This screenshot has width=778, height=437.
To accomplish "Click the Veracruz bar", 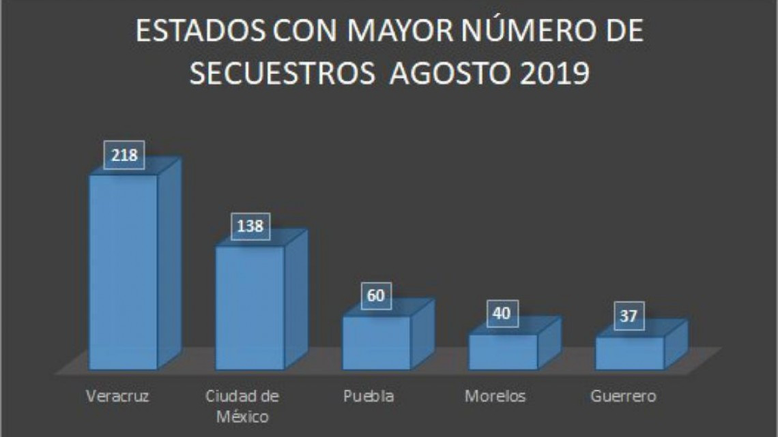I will [x=124, y=273].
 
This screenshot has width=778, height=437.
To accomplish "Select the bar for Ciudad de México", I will [x=250, y=307].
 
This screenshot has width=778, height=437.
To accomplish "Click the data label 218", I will [x=124, y=155].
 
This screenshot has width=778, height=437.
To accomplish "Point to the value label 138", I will [x=250, y=226].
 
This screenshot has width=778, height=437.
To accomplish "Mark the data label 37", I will [x=629, y=316].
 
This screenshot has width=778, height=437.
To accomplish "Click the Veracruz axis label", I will [x=118, y=396].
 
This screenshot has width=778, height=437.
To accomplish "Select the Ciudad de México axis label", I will [x=242, y=405].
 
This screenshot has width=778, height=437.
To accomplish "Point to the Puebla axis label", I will [x=368, y=396].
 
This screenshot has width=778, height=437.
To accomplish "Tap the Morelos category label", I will [x=495, y=396].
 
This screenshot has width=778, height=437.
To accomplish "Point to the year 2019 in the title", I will [x=554, y=74].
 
